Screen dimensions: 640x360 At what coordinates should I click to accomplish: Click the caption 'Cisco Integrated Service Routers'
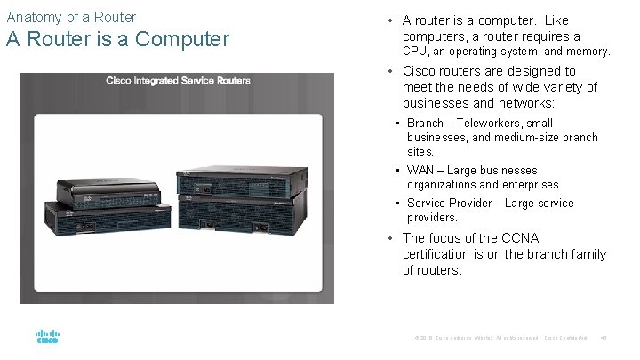[178, 81]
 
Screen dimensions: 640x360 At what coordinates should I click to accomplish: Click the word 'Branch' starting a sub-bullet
[425, 124]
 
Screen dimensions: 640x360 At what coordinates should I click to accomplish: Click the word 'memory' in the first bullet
[588, 52]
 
